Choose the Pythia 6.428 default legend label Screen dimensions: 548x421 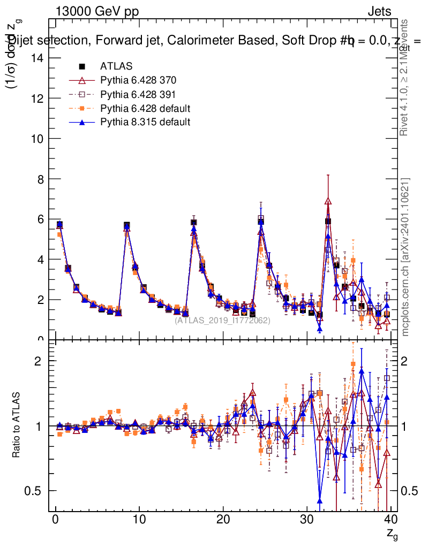145,108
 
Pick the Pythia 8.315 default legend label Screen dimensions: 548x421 145,122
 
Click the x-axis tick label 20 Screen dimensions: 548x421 223,519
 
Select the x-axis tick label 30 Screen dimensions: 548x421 307,519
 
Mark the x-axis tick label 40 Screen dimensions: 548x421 390,519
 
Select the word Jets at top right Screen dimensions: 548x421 379,11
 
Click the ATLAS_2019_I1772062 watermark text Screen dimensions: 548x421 222,320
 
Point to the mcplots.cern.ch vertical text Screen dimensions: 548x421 405,257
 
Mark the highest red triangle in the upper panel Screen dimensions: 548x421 328,201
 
